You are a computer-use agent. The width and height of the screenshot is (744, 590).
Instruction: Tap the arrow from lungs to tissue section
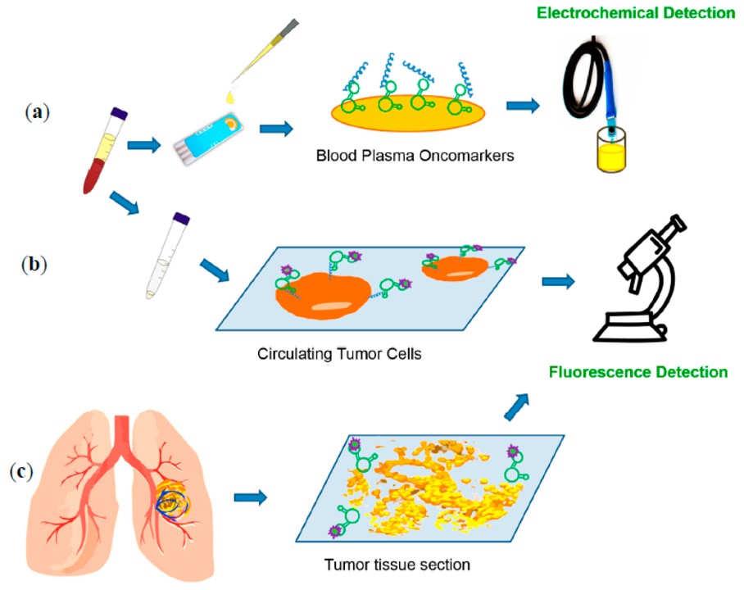252,497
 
